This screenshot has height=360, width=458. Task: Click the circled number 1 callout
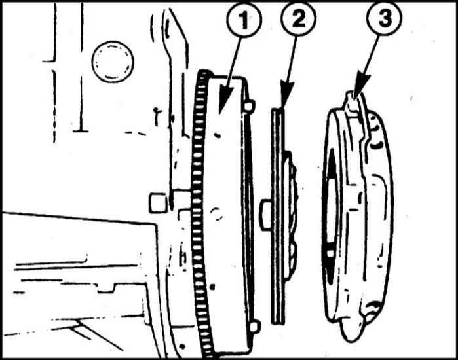pos(244,20)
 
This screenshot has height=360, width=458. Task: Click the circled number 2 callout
pos(298,18)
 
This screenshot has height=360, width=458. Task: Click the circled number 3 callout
pos(385,18)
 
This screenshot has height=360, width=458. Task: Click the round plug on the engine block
pos(113,62)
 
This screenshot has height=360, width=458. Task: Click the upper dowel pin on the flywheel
pos(249,105)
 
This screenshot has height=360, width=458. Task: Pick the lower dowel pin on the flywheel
pos(254,326)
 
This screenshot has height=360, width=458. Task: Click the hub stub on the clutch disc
pos(265,215)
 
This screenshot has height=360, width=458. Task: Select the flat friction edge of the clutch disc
pos(278,216)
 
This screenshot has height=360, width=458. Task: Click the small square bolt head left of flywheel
pos(158,203)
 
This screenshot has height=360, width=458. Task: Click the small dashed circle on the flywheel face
pos(217,214)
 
